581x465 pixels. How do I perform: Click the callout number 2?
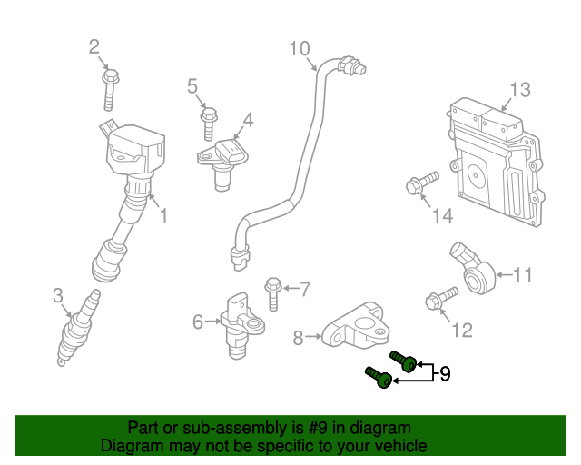94,46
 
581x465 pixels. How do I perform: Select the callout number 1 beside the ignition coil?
163,215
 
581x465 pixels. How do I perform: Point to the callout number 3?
57,295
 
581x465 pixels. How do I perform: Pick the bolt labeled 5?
208,120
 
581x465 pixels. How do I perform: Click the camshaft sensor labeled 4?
224,159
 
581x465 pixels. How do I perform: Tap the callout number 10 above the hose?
300,47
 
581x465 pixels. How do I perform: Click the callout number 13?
518,89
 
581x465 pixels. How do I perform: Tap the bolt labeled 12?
438,298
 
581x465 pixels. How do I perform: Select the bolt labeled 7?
272,293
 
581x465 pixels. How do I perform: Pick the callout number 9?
445,372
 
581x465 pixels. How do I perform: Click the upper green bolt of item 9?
403,361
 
